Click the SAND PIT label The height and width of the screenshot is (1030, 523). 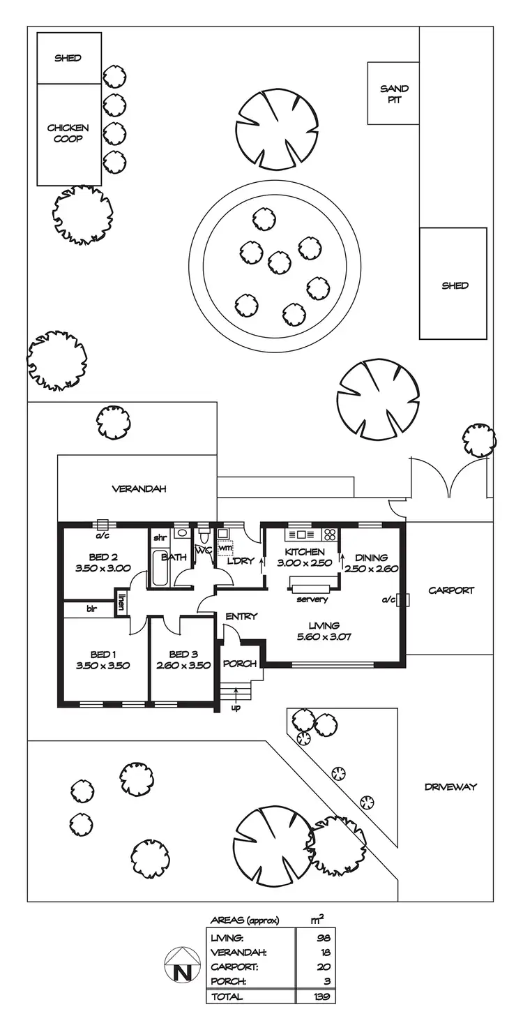tap(394, 94)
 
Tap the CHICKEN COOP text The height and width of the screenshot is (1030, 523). tap(68, 133)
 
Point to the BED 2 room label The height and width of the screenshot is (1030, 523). tap(103, 557)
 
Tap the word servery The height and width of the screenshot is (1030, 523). tap(312, 599)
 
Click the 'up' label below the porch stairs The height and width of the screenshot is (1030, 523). tap(235, 708)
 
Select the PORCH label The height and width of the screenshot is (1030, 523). tap(239, 664)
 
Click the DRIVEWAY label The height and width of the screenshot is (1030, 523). tap(450, 787)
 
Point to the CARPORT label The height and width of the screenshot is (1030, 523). tap(451, 590)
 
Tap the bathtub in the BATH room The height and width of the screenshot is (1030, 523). tap(157, 569)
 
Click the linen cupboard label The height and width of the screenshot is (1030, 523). tap(121, 601)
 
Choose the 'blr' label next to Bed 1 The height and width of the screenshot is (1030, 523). tap(91, 609)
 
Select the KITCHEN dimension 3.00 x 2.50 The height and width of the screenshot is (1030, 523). tap(304, 563)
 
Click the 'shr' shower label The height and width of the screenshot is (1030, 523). tap(159, 537)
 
